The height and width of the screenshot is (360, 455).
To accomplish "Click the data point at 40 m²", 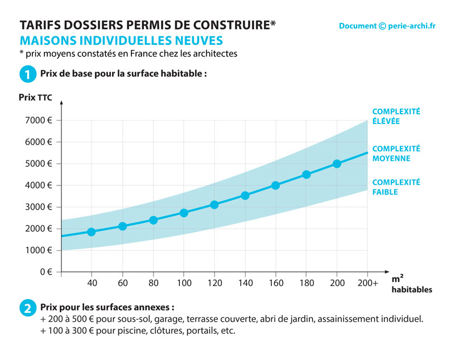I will (x=92, y=231).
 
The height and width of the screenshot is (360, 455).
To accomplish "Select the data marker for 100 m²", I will (x=184, y=213).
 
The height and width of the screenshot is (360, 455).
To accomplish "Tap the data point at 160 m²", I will (x=275, y=185).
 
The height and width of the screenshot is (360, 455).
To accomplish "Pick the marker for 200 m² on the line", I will (x=337, y=163).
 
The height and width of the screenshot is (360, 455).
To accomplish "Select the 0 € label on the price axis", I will (x=45, y=272).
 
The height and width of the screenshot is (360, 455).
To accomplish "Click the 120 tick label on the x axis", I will (x=214, y=282).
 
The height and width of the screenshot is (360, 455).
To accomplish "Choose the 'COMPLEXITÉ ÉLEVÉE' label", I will (x=396, y=117).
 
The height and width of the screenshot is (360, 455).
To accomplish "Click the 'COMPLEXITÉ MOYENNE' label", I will (x=396, y=153).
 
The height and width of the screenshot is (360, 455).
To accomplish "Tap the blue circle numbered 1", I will (x=27, y=74).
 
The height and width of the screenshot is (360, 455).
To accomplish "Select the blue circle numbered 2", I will (x=27, y=309).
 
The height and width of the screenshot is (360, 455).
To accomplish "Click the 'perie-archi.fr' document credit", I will (x=387, y=26).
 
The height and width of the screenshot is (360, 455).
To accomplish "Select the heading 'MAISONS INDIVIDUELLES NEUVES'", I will (x=121, y=41).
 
